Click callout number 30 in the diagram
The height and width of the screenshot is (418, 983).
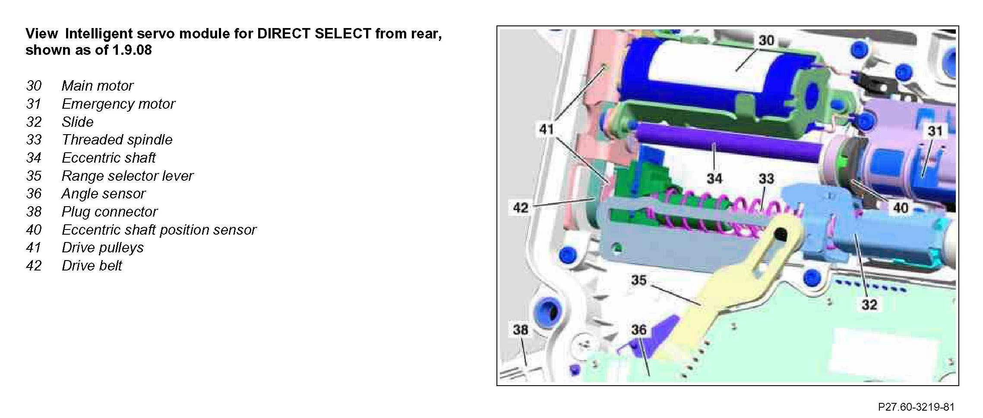coord(766,41)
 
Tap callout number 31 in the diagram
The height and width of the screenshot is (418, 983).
coord(935,131)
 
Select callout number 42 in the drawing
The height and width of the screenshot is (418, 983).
coord(520,208)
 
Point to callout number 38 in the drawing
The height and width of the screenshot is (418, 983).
coord(520,330)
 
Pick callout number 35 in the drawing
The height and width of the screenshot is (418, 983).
coord(639,280)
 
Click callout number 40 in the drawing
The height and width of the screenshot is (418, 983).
coord(900,208)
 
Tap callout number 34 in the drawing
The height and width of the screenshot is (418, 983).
coord(714,178)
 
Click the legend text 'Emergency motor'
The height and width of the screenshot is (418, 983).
coord(118,104)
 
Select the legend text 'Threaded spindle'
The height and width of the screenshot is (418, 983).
coord(117,140)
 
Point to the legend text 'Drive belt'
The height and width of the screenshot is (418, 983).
coord(92,266)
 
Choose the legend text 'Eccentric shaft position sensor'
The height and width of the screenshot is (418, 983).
coord(159,230)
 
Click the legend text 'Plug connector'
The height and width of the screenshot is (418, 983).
coord(110,212)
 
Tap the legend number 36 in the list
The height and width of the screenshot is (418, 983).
coord(34,194)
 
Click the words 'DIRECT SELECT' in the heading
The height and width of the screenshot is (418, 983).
coord(314,34)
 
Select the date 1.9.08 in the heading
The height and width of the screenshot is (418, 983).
coord(132,50)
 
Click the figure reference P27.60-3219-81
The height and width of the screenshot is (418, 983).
coord(916,407)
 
